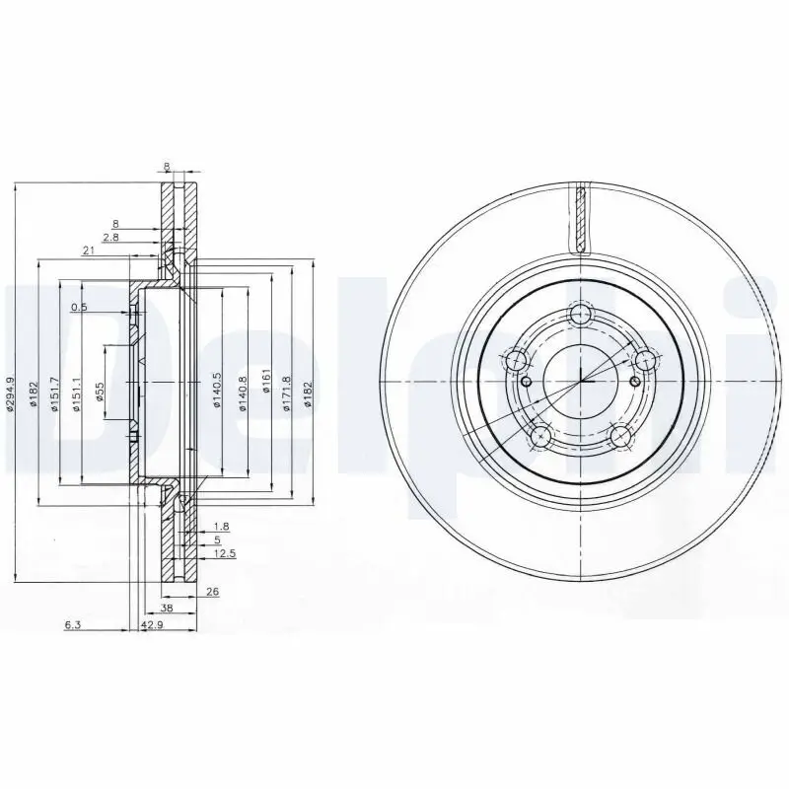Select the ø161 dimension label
tap(265, 382)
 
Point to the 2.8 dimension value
tap(110, 238)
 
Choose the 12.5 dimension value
tap(225, 554)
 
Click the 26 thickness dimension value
tap(213, 592)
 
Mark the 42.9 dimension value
tap(152, 625)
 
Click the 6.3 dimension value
tap(72, 625)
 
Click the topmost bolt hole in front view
tap(581, 317)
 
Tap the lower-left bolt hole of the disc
tap(540, 435)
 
